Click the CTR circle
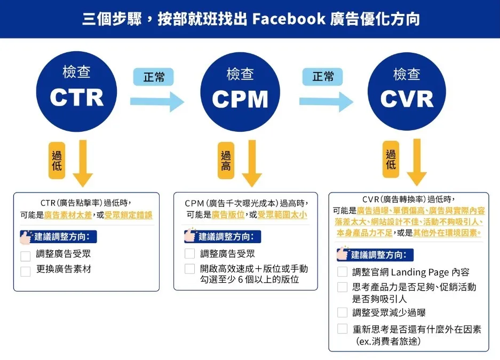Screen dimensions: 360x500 click(x=76, y=87)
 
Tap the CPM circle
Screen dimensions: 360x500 click(x=240, y=87)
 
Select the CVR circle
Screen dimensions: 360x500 click(x=407, y=87)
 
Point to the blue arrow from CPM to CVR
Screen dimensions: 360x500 click(x=326, y=101)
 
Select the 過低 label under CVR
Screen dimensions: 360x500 click(x=391, y=159)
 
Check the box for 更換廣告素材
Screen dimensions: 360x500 click(x=26, y=271)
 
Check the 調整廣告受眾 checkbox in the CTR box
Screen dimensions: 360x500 click(x=26, y=256)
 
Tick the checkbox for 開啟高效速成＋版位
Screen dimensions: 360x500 click(x=189, y=269)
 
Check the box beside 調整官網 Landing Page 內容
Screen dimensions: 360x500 click(x=342, y=272)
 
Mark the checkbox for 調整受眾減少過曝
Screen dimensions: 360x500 click(x=342, y=313)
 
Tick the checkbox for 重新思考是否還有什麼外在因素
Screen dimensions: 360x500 click(x=342, y=329)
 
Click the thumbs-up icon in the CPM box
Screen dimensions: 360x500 click(x=189, y=236)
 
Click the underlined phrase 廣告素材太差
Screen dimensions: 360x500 click(x=68, y=215)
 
